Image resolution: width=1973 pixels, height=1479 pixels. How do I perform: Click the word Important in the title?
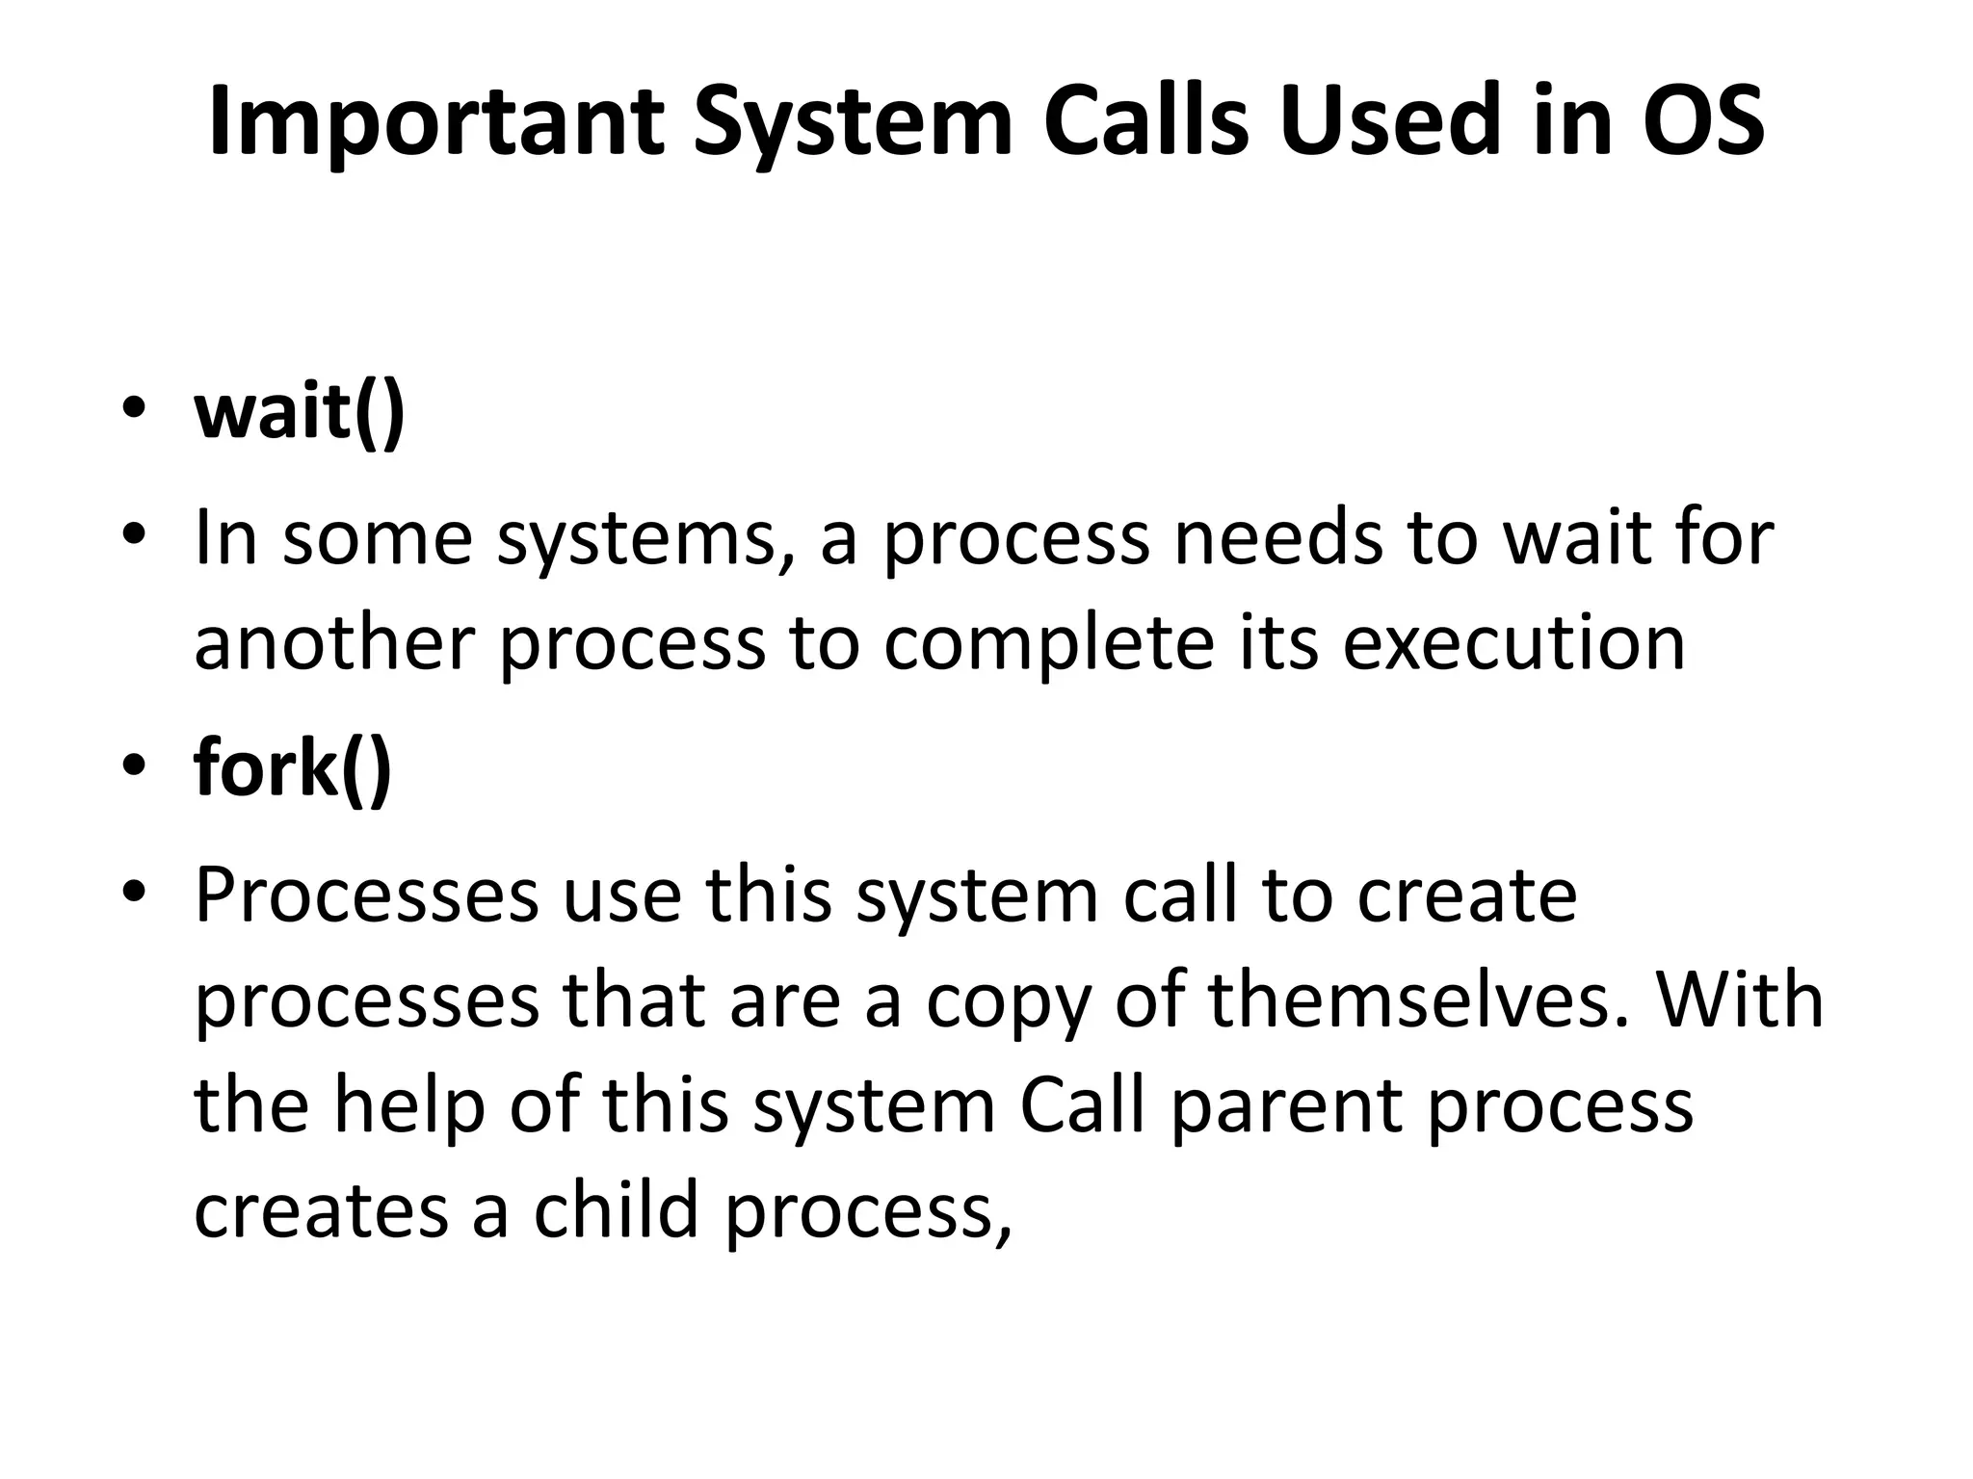[434, 122]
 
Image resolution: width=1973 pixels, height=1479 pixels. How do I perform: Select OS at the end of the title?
[1703, 122]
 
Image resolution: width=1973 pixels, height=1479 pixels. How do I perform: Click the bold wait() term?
[300, 411]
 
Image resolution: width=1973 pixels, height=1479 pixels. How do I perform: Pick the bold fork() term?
[293, 767]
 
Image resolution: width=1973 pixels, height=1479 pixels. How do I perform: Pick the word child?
[616, 1210]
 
